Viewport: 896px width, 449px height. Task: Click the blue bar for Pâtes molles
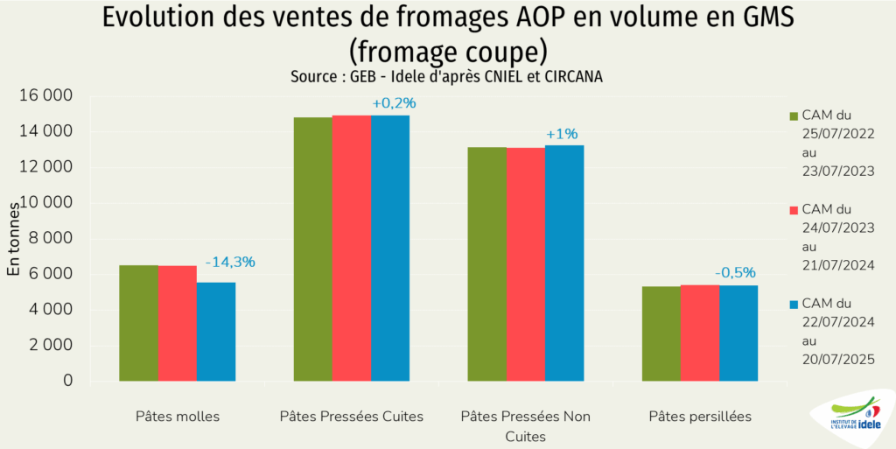(x=216, y=332)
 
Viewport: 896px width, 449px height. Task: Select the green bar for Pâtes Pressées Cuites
(x=312, y=249)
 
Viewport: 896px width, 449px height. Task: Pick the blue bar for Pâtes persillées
(x=738, y=333)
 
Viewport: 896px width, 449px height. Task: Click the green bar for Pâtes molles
(x=138, y=323)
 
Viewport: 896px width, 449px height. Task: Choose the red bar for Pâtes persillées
(x=700, y=333)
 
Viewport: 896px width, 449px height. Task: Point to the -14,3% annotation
(x=230, y=262)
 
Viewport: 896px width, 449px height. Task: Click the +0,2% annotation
(x=394, y=103)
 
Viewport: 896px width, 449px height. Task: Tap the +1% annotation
(x=562, y=134)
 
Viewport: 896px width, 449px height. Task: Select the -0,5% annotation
(x=735, y=272)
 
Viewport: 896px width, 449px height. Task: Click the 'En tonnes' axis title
(x=14, y=238)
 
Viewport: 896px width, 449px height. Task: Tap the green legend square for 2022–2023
(x=794, y=116)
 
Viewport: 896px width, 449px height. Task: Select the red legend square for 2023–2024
(x=794, y=210)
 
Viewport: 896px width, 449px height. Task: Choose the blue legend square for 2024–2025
(x=794, y=304)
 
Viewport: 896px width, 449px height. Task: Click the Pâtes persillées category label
(x=700, y=417)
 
